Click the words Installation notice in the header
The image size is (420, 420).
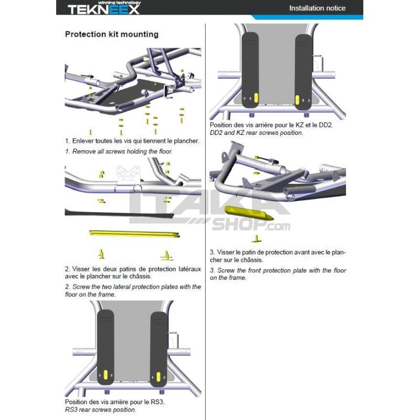click(x=318, y=8)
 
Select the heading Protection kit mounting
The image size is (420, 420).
click(x=111, y=35)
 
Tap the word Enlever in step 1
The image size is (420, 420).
click(x=85, y=141)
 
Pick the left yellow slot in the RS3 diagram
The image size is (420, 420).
click(x=106, y=376)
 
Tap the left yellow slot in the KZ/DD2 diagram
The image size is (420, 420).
click(x=256, y=98)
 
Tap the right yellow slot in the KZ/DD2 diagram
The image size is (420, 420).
click(x=297, y=99)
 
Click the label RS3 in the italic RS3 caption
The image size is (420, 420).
click(x=71, y=409)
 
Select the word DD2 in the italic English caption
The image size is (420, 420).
click(x=218, y=133)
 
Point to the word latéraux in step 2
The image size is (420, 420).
click(x=188, y=269)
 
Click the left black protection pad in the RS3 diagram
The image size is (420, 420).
click(x=106, y=341)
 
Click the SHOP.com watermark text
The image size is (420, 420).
click(x=251, y=226)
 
